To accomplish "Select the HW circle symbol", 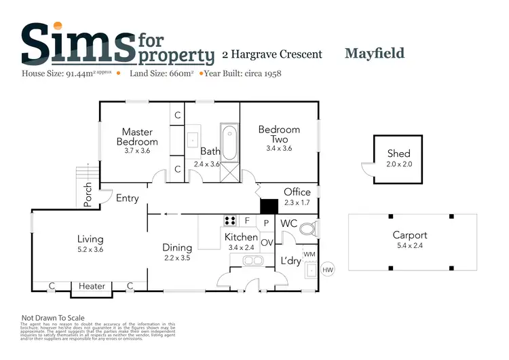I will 327,270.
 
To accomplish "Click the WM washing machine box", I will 309,254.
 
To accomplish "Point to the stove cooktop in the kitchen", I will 230,220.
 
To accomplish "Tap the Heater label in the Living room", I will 92,286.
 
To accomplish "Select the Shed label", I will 399,154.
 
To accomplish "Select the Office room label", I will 297,192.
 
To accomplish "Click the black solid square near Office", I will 269,206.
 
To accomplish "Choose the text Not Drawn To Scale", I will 53,317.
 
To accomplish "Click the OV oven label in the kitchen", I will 267,242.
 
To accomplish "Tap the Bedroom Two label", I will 279,134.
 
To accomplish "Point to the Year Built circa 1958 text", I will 242,73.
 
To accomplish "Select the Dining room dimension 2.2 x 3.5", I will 177,258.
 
